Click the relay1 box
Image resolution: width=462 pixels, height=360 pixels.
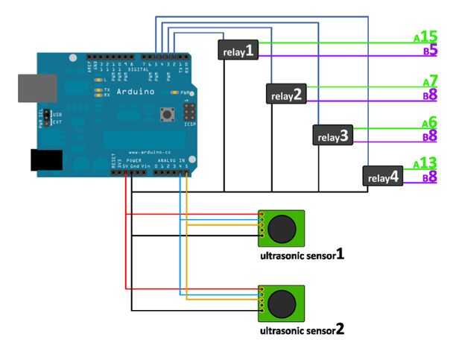[x=238, y=50]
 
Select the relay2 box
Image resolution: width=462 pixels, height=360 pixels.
[x=287, y=95]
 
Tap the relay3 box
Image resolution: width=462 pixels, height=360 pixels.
[x=332, y=136]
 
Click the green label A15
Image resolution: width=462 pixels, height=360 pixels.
[x=425, y=37]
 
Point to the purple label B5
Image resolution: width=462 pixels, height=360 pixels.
[x=429, y=52]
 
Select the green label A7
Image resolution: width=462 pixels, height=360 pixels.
[x=430, y=80]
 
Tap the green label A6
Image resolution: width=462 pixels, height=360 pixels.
[x=429, y=122]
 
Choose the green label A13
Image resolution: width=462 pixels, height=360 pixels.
[x=425, y=163]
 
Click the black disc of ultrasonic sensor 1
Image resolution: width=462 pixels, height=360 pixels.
[x=282, y=228]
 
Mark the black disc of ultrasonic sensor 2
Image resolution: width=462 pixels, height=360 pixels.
[x=282, y=303]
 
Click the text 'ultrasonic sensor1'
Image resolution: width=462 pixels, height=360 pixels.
[x=301, y=255]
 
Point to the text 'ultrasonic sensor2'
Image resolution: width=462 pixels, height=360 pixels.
[x=301, y=329]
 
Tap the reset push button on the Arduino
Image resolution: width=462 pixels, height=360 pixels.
[x=168, y=115]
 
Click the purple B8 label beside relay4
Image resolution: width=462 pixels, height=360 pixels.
[x=429, y=178]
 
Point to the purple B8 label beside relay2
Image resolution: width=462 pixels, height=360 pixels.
[x=429, y=95]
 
